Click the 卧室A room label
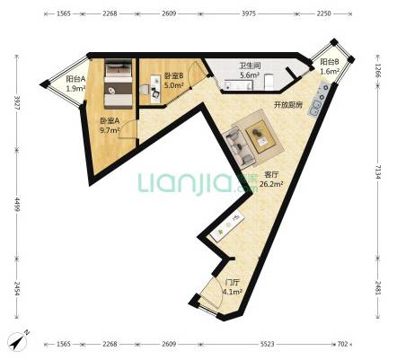pyautogui.click(x=110, y=120)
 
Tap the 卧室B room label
pyautogui.click(x=173, y=76)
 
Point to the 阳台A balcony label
pyautogui.click(x=75, y=79)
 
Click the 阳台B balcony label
pyautogui.click(x=330, y=62)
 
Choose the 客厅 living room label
pyautogui.click(x=271, y=174)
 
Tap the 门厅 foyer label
pyautogui.click(x=232, y=282)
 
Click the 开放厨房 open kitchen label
pyautogui.click(x=288, y=105)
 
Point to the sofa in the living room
pyautogui.click(x=239, y=147)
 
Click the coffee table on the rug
pyautogui.click(x=260, y=136)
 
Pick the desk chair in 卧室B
pyautogui.click(x=146, y=90)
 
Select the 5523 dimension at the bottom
pyautogui.click(x=268, y=344)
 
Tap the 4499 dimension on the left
pyautogui.click(x=17, y=205)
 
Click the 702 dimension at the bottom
pyautogui.click(x=343, y=344)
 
